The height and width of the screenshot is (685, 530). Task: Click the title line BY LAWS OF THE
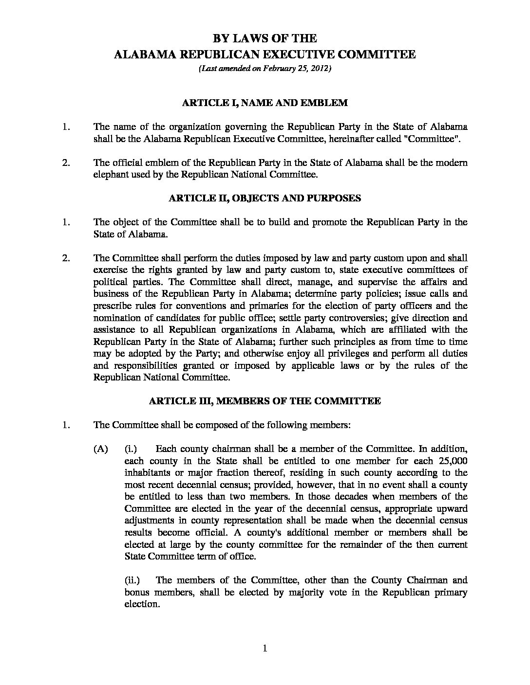coord(265,38)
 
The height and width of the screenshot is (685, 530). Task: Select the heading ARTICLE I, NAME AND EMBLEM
coord(265,103)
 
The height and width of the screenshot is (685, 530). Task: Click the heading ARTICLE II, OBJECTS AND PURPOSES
coord(265,198)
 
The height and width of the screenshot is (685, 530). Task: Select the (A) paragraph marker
coord(100,449)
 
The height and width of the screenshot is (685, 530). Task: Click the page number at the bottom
coord(265,648)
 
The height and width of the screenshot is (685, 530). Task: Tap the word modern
coord(451,162)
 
